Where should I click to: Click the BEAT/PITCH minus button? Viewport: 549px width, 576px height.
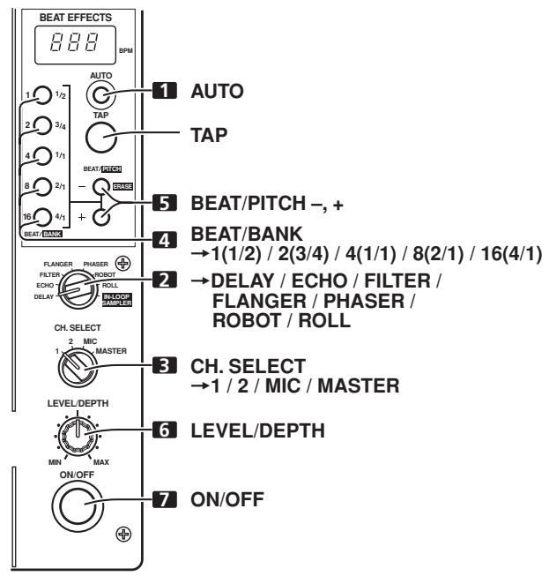102,188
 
